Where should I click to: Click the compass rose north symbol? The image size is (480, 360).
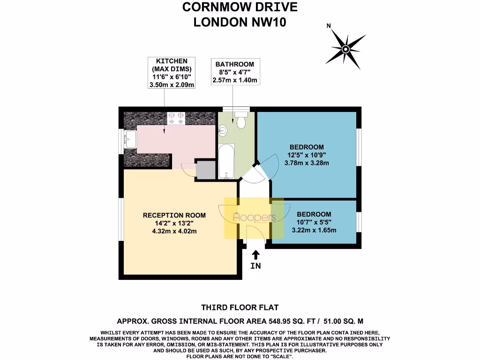coord(345,48)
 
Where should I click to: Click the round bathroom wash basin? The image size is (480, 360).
coord(223,129)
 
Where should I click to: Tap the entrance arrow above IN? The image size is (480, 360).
coord(255,255)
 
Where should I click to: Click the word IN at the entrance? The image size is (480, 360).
coord(255,266)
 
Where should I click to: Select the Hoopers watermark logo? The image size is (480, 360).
coord(254,218)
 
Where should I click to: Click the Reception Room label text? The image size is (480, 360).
coord(174,215)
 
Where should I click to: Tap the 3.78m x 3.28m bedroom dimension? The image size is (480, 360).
coord(307,163)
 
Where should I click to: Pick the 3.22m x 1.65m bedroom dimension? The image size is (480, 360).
coord(314,230)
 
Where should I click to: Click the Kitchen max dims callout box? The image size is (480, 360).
coord(172,73)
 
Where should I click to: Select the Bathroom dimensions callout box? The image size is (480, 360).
coord(235,72)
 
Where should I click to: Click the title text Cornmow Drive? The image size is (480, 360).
coord(240,7)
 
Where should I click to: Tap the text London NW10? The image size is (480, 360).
coord(240,22)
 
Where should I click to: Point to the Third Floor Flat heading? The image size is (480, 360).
coord(240,307)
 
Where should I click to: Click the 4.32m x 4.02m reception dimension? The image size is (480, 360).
coord(174,231)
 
